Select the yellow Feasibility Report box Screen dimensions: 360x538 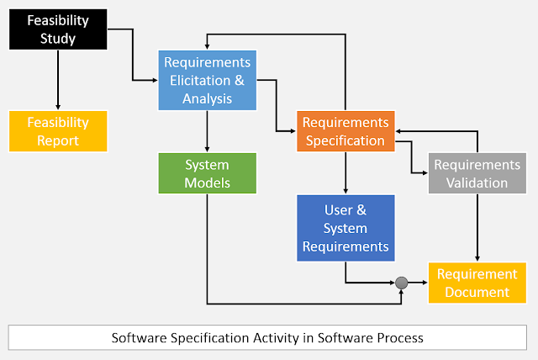point(57,131)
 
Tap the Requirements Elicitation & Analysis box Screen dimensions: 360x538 point(207,81)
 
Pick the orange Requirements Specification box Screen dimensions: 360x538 point(345,131)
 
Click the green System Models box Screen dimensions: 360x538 point(207,173)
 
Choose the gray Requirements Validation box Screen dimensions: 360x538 point(477,173)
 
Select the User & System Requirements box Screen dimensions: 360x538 point(345,227)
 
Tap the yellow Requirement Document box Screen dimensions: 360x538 point(477,283)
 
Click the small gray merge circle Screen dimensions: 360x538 point(402,283)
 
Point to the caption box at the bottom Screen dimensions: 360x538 point(268,337)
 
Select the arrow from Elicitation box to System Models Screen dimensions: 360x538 point(207,131)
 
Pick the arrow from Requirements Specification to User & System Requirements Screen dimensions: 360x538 point(345,172)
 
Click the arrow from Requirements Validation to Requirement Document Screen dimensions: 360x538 point(477,227)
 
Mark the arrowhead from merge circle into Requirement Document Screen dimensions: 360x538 point(424,283)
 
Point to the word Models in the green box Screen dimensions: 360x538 point(207,183)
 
